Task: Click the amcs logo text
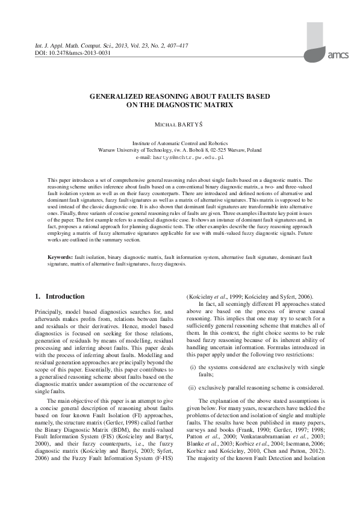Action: click(x=339, y=55)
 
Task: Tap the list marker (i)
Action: click(x=193, y=367)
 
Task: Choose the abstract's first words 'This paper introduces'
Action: click(x=73, y=180)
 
